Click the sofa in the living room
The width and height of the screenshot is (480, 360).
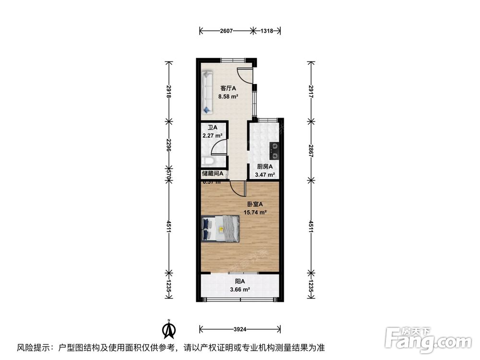pos(207,92)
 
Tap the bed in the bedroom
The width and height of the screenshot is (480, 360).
pos(220,228)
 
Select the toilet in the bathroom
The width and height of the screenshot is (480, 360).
pos(206,162)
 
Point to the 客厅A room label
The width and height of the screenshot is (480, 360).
pos(228,88)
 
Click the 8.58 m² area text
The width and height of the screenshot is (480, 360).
pos(228,96)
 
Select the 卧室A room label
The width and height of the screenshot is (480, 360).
pos(256,204)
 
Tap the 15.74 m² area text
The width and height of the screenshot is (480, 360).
pos(256,212)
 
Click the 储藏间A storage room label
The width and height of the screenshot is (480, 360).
pos(212,173)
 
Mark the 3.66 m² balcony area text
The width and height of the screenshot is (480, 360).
pos(240,289)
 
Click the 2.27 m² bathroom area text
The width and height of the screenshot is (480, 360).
pos(212,136)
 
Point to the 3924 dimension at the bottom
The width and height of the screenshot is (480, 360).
pos(240,329)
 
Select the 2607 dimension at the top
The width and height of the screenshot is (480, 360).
pos(226,31)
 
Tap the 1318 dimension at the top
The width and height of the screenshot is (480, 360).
pos(267,31)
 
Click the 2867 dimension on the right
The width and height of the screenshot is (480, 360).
pos(311,148)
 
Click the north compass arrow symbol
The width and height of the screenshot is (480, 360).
pos(168,330)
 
